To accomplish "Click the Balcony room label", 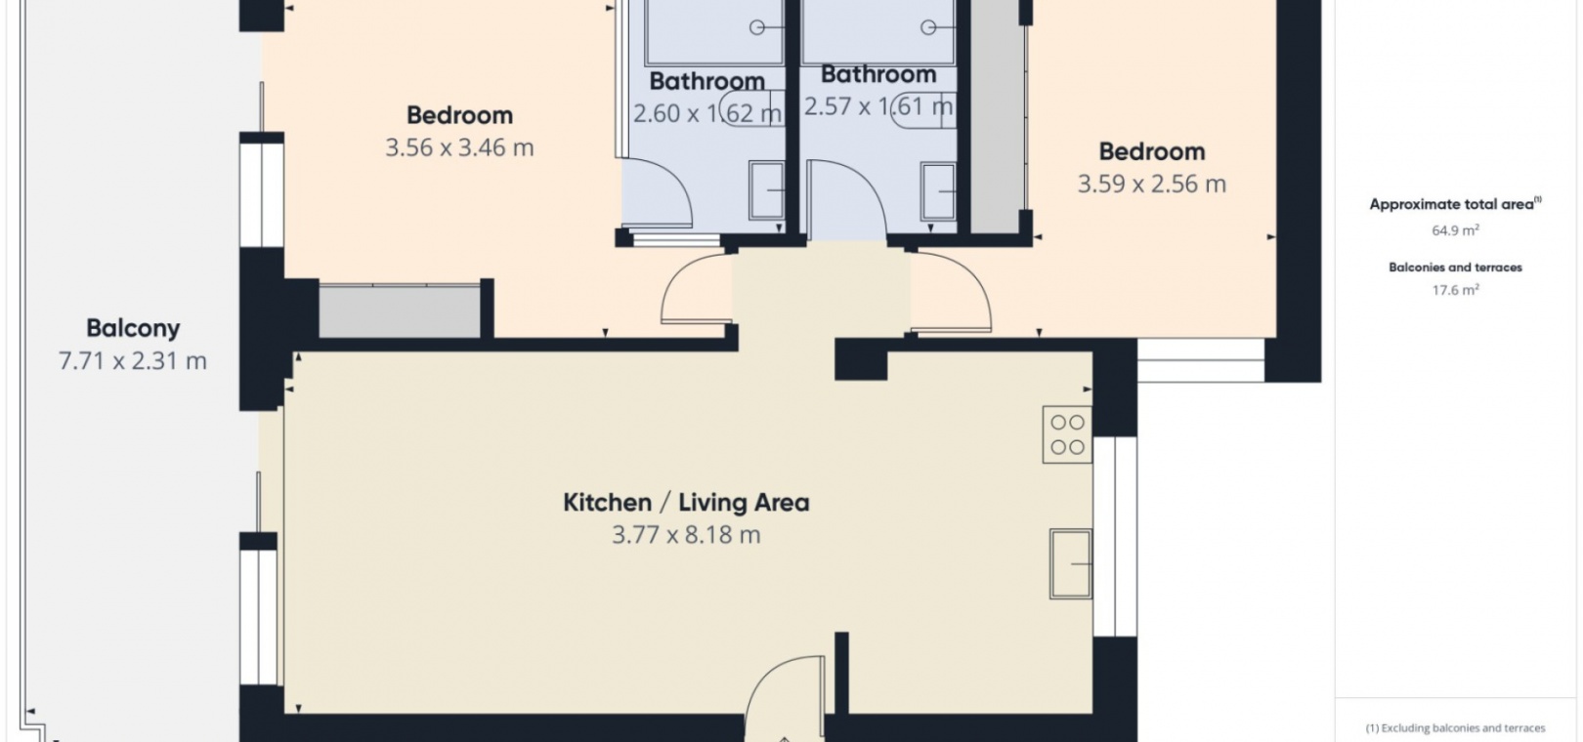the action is click(x=133, y=329).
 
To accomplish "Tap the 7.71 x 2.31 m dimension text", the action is click(x=133, y=361).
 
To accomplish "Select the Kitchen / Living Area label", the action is click(x=686, y=503).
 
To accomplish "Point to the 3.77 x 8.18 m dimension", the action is click(x=686, y=534).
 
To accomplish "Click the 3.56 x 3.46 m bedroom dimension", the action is click(x=459, y=147).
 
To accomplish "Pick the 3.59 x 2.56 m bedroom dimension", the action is click(x=1152, y=185).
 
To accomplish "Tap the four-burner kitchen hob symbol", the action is click(x=1067, y=434).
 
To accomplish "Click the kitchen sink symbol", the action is click(x=1071, y=563).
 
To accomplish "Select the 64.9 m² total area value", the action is click(x=1456, y=230).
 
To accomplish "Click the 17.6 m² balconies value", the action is click(x=1456, y=289).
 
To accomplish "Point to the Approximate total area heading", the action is click(x=1455, y=205).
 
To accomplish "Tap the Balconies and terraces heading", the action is click(x=1456, y=268).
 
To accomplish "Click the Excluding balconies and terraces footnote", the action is click(x=1455, y=728).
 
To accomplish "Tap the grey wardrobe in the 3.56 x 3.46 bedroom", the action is click(x=400, y=310).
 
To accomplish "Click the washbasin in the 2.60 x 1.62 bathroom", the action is click(x=767, y=190).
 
